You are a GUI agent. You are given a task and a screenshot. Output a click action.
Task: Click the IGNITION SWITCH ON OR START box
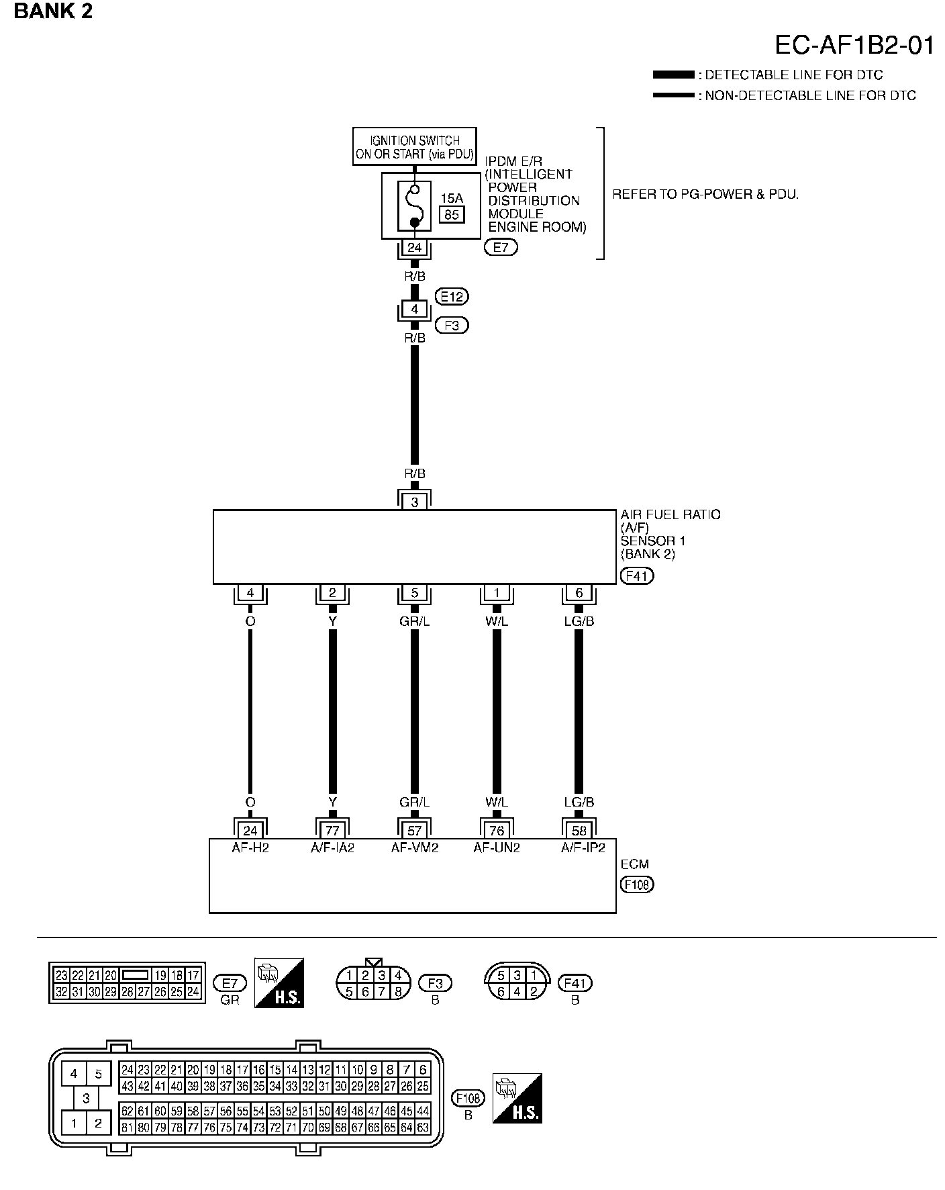(x=415, y=147)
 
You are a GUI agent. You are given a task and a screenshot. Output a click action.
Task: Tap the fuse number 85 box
(x=452, y=215)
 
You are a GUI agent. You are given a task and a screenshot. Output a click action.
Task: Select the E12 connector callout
(x=452, y=296)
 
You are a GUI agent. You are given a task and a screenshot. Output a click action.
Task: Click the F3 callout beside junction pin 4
(x=452, y=326)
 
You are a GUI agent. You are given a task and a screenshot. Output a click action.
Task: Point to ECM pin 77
(x=332, y=831)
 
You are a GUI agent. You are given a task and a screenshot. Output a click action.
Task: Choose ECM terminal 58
(x=579, y=831)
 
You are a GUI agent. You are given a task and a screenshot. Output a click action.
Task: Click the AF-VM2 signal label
(x=415, y=848)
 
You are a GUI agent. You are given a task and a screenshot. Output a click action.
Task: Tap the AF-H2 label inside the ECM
(x=250, y=848)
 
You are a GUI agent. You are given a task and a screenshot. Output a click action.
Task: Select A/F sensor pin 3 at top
(x=415, y=502)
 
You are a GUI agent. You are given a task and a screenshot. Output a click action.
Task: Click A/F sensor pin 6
(x=579, y=593)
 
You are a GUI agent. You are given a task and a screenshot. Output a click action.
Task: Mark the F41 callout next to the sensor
(x=637, y=576)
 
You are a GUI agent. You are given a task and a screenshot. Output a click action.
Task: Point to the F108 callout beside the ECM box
(x=637, y=884)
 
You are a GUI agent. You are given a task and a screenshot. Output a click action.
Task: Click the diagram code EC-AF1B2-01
(x=854, y=45)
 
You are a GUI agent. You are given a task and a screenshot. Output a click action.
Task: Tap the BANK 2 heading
(x=53, y=11)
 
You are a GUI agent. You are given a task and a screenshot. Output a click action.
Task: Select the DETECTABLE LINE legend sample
(x=673, y=75)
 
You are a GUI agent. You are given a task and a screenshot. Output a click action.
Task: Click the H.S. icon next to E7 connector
(x=279, y=982)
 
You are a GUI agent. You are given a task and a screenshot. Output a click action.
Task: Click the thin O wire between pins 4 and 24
(x=250, y=712)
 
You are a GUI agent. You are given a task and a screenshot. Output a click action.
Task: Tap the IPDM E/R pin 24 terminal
(x=415, y=248)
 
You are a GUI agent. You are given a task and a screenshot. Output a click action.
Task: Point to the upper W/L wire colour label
(x=497, y=622)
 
